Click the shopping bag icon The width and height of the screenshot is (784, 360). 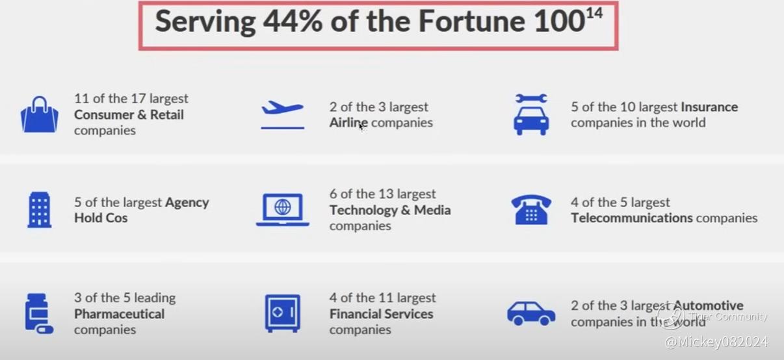point(40,114)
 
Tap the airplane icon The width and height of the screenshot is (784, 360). point(282,114)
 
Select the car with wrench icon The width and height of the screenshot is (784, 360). point(531,114)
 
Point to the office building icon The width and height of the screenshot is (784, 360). point(40,210)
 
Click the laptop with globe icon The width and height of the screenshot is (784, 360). point(282,210)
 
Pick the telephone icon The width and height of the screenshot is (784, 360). point(531,209)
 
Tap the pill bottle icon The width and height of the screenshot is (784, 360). point(39,313)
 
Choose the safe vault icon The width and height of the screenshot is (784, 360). point(282,313)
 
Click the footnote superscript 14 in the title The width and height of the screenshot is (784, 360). point(594,14)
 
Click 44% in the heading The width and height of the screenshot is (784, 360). point(293,21)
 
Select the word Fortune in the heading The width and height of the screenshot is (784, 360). point(472,21)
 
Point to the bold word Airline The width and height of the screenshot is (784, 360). point(348,123)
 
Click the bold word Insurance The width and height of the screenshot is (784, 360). point(709,107)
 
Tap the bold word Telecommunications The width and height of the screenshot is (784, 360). point(632,218)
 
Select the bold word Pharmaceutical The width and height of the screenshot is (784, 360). point(120,314)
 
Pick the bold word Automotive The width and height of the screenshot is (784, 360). point(709,305)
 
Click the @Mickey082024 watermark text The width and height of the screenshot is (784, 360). point(716,342)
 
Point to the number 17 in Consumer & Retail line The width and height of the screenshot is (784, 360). point(138,99)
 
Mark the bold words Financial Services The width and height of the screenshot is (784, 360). point(381,314)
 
